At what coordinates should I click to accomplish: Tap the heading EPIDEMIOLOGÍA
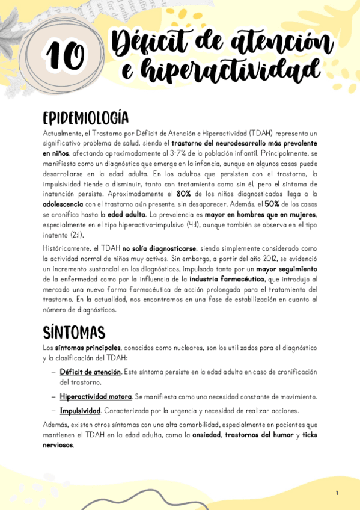[85, 117]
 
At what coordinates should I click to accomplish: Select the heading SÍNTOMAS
[73, 333]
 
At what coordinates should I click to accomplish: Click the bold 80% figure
[183, 194]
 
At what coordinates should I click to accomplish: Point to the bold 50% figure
[272, 204]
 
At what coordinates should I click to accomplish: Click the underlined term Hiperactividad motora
[96, 397]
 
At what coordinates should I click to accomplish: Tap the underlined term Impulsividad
[79, 411]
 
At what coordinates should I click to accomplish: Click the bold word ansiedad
[207, 435]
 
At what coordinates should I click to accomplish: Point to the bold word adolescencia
[67, 204]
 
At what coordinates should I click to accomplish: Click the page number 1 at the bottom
[337, 493]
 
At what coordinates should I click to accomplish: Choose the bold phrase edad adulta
[126, 215]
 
